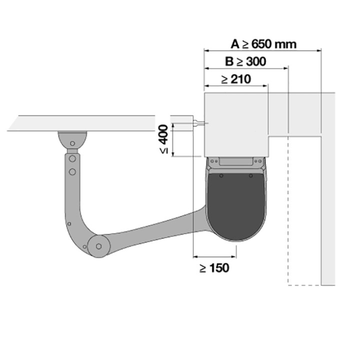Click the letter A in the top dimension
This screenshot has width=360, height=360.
235,44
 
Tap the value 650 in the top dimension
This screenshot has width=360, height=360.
263,44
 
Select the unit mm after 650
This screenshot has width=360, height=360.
287,44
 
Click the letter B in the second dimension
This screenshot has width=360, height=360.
229,61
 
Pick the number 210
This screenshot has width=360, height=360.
240,78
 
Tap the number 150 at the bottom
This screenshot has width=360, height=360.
219,268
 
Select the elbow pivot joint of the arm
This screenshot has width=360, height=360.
97,245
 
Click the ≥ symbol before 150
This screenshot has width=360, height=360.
203,268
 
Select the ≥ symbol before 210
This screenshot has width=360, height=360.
224,79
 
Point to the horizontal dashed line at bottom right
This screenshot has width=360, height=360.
304,285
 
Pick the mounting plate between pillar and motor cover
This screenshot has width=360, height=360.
235,163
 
